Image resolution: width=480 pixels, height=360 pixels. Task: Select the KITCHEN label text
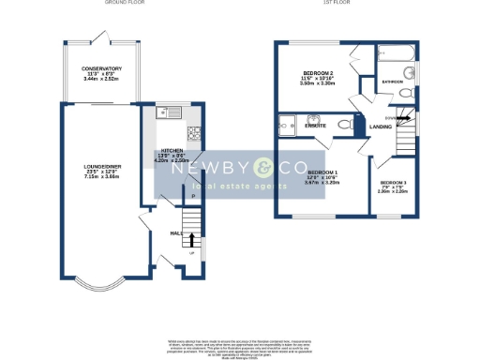[171, 151]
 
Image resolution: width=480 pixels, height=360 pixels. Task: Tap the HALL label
[175, 232]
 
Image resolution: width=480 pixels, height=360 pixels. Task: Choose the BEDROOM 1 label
[323, 172]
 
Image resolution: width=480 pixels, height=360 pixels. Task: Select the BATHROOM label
[393, 82]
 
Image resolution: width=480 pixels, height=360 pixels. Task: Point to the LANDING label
[380, 127]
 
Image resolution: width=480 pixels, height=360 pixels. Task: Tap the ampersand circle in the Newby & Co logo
[264, 169]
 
